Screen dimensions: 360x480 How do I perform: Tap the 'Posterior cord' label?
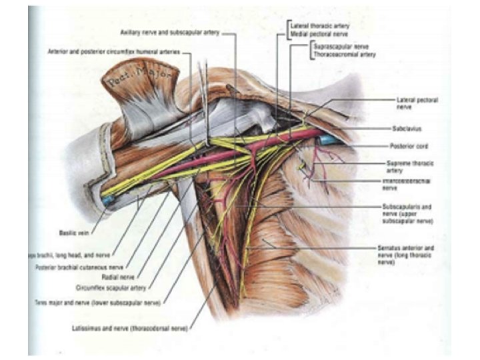pos(408,145)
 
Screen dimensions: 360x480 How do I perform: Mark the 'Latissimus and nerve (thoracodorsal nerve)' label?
pos(131,328)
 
